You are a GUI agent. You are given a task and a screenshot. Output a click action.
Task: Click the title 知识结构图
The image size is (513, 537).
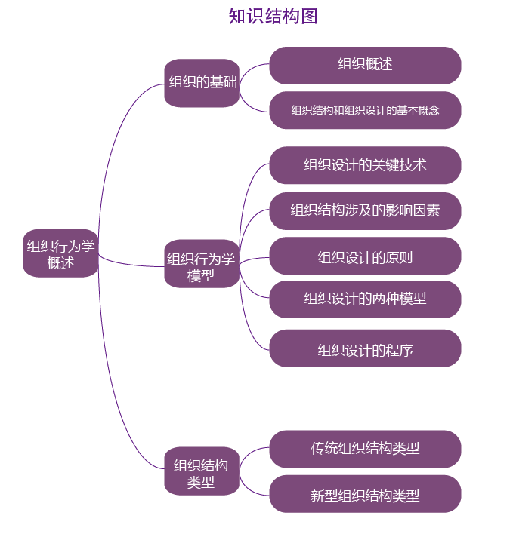(x=273, y=16)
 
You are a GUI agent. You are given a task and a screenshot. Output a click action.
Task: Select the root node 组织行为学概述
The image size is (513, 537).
(x=60, y=253)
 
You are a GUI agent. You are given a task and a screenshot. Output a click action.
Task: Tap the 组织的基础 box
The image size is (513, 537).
(x=202, y=82)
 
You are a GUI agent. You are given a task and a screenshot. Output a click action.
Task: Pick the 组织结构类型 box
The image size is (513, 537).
(x=201, y=473)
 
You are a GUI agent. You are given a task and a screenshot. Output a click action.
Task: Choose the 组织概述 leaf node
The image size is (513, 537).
(x=365, y=65)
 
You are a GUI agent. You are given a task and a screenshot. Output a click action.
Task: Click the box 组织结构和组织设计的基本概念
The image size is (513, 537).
(x=365, y=110)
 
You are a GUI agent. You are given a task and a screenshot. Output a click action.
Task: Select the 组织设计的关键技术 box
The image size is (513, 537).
(x=365, y=164)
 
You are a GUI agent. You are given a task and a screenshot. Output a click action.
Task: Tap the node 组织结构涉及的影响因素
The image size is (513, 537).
(x=365, y=210)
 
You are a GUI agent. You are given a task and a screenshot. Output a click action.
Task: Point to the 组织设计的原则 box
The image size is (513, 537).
(x=365, y=257)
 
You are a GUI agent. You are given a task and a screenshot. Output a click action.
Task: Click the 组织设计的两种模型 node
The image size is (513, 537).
(x=365, y=299)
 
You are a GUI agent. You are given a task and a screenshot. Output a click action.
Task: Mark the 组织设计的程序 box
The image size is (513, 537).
(x=365, y=349)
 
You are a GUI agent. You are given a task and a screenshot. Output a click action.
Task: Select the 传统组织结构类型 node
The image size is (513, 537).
(x=365, y=448)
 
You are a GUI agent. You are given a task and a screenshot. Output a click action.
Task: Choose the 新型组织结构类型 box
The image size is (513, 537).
(x=365, y=495)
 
